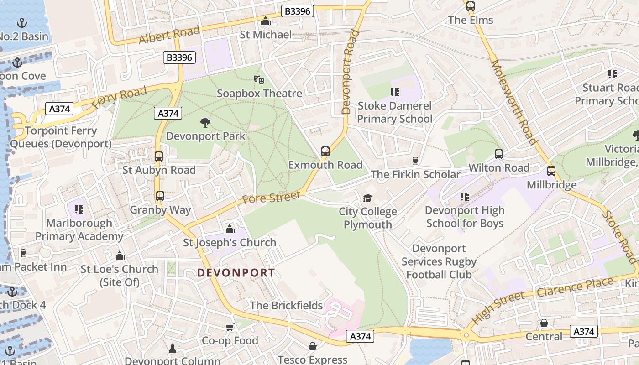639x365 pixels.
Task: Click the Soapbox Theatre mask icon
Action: pyautogui.click(x=259, y=80)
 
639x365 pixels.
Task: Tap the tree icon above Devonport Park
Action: pyautogui.click(x=205, y=123)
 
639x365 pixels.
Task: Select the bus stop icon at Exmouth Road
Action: pyautogui.click(x=325, y=151)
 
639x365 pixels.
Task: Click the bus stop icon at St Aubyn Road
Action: pyautogui.click(x=159, y=156)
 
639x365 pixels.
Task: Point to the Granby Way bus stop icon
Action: pyautogui.click(x=160, y=196)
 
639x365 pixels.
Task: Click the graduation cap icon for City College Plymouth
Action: pyautogui.click(x=367, y=198)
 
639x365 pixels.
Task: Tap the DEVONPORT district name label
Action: pyautogui.click(x=236, y=273)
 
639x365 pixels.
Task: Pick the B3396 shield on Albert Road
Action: pyautogui.click(x=297, y=11)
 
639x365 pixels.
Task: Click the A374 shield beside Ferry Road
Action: pyautogui.click(x=60, y=109)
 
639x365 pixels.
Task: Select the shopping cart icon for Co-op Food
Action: pyautogui.click(x=230, y=327)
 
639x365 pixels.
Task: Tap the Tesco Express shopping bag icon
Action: pyautogui.click(x=313, y=347)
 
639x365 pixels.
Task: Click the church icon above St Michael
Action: pyautogui.click(x=266, y=21)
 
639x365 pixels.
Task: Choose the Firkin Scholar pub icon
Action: pyautogui.click(x=415, y=161)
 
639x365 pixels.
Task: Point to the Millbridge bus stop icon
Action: pyautogui.click(x=551, y=172)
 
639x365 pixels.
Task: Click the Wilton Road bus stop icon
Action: pyautogui.click(x=499, y=154)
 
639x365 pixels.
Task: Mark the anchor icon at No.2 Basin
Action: pyautogui.click(x=21, y=23)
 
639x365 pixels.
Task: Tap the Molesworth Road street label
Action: pyautogui.click(x=513, y=101)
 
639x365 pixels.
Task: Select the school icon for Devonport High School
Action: pyautogui.click(x=465, y=197)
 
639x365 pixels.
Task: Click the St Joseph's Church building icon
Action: pyautogui.click(x=230, y=229)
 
